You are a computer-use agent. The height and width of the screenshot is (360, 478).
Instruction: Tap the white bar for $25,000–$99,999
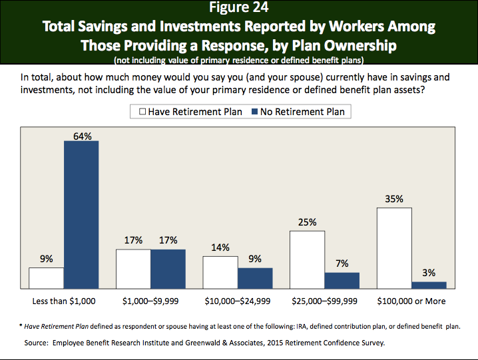point(308,259)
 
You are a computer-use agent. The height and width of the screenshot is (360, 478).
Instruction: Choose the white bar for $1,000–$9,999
point(133,268)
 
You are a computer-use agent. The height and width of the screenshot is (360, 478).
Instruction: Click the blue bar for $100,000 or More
point(429,285)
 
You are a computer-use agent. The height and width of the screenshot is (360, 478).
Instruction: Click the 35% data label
point(395,198)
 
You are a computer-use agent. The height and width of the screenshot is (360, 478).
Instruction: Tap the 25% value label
point(308,222)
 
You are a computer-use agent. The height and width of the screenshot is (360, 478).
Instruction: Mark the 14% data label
point(220,247)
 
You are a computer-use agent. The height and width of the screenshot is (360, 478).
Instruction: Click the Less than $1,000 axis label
point(64,301)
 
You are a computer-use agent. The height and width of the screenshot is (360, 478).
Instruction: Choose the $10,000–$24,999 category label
point(238,301)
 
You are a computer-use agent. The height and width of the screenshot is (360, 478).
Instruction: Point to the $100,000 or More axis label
point(411,301)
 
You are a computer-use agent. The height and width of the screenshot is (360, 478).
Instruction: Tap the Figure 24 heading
point(240,9)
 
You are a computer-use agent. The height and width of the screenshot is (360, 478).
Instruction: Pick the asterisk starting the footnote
point(20,326)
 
